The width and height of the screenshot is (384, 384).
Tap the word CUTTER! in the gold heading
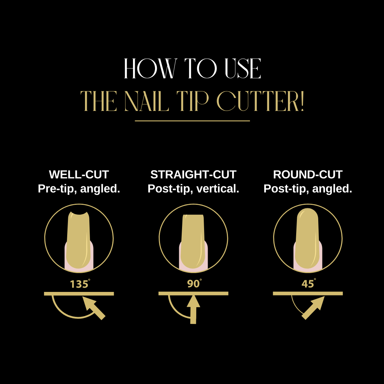pos(260,101)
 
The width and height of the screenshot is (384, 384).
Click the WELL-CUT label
pos(79,175)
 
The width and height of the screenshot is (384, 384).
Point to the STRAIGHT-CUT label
pos(193,175)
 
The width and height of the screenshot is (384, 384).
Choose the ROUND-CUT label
pos(308,175)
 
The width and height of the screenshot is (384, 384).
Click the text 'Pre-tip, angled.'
pos(79,189)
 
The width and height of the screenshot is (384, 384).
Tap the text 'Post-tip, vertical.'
pos(193,189)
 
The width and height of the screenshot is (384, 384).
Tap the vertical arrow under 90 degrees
pos(193,310)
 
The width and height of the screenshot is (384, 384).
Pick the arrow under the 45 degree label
pos(313,308)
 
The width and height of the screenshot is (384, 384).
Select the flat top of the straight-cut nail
pos(193,215)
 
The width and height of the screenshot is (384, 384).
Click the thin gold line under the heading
pos(192,121)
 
